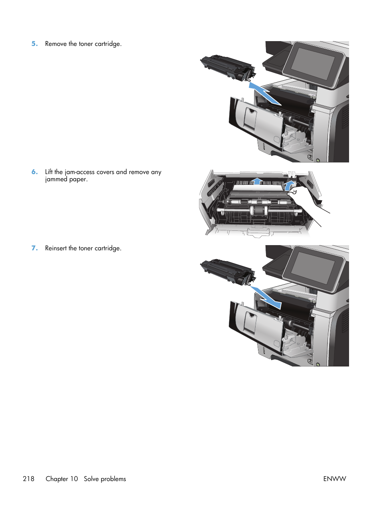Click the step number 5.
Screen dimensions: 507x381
coord(35,44)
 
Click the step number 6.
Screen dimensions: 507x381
coord(35,172)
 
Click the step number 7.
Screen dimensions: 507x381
coord(35,248)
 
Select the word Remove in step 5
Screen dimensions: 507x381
coord(56,44)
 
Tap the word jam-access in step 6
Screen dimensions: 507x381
coord(79,172)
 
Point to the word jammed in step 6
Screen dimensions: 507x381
coord(55,180)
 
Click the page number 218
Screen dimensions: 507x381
coord(29,479)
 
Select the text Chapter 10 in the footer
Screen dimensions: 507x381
coord(62,479)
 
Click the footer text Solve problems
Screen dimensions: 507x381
coord(105,479)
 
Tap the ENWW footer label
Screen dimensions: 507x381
coord(334,479)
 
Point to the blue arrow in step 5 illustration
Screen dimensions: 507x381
coord(264,94)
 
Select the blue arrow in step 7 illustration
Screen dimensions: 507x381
coord(267,298)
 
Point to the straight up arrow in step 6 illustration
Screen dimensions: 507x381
coord(258,181)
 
